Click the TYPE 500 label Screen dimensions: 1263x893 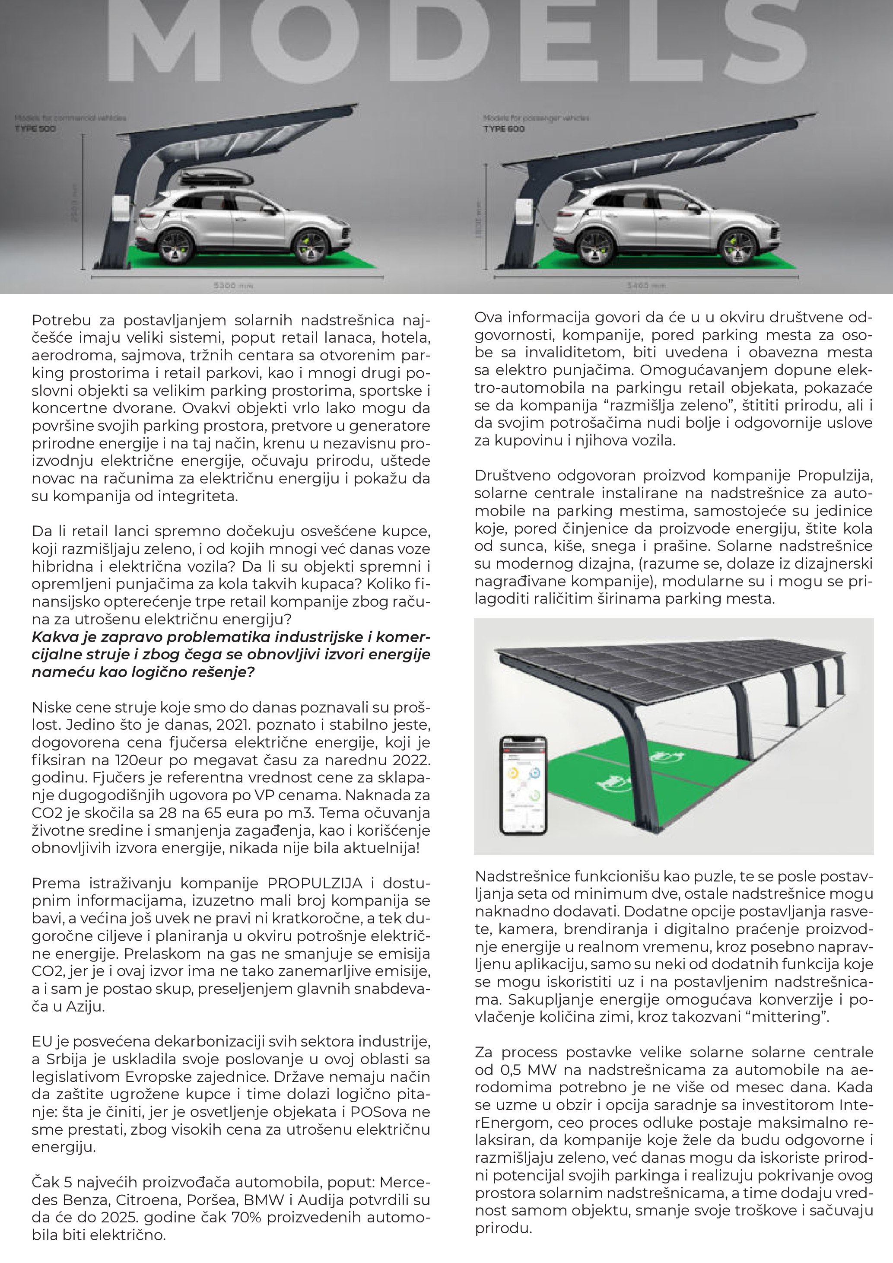pyautogui.click(x=35, y=129)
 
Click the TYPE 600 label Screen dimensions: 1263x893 pyautogui.click(x=504, y=129)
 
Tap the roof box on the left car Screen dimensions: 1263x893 pyautogui.click(x=216, y=177)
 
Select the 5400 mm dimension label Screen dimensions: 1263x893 pyautogui.click(x=646, y=286)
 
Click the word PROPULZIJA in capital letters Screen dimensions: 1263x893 pyautogui.click(x=315, y=884)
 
